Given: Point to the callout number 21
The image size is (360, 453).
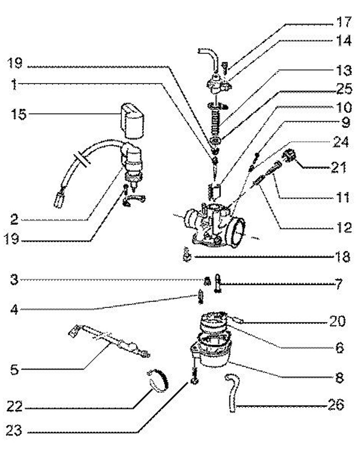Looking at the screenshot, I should click(338, 167).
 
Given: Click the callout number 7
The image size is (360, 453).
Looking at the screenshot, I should click(338, 285).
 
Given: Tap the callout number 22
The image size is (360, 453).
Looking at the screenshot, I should click(16, 407).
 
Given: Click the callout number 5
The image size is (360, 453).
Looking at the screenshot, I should click(16, 370).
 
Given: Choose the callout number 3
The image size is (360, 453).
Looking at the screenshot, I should click(16, 279).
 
